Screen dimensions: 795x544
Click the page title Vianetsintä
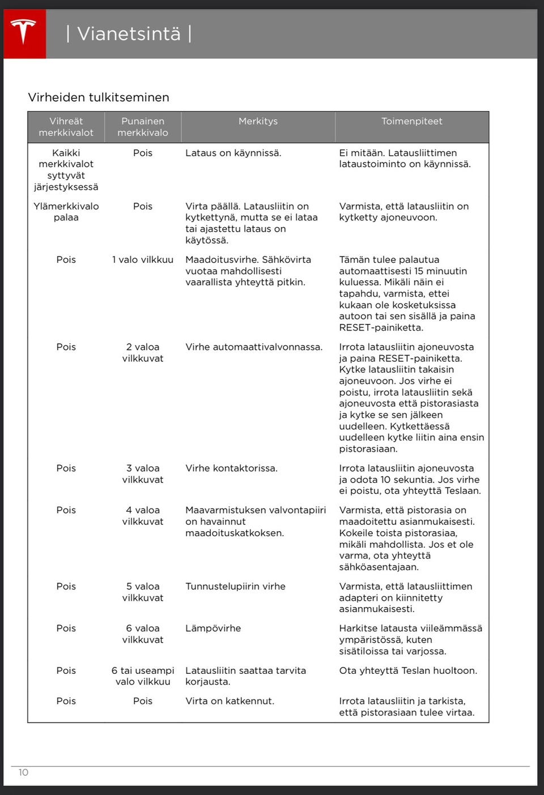129,34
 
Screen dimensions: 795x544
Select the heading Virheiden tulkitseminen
99,97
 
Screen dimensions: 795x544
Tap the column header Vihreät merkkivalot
66,127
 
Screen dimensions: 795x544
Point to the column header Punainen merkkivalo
143,127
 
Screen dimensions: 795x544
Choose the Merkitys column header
258,121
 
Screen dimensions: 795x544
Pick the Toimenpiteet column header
411,121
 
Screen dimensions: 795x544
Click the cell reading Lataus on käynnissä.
233,153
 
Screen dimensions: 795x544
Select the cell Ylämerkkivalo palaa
66,212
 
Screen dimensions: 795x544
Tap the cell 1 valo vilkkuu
143,259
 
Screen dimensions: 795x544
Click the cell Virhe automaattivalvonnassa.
254,347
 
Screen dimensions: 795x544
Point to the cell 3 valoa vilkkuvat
143,474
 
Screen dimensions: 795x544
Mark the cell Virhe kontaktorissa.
231,468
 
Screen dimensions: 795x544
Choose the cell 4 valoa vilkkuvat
143,516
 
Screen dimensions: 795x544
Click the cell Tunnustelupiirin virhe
235,587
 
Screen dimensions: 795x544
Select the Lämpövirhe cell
213,629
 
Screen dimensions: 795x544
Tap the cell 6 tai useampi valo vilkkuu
143,676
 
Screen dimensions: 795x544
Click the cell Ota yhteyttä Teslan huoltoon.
408,670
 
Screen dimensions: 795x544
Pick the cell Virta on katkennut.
229,701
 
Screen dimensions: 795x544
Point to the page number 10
23,772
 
